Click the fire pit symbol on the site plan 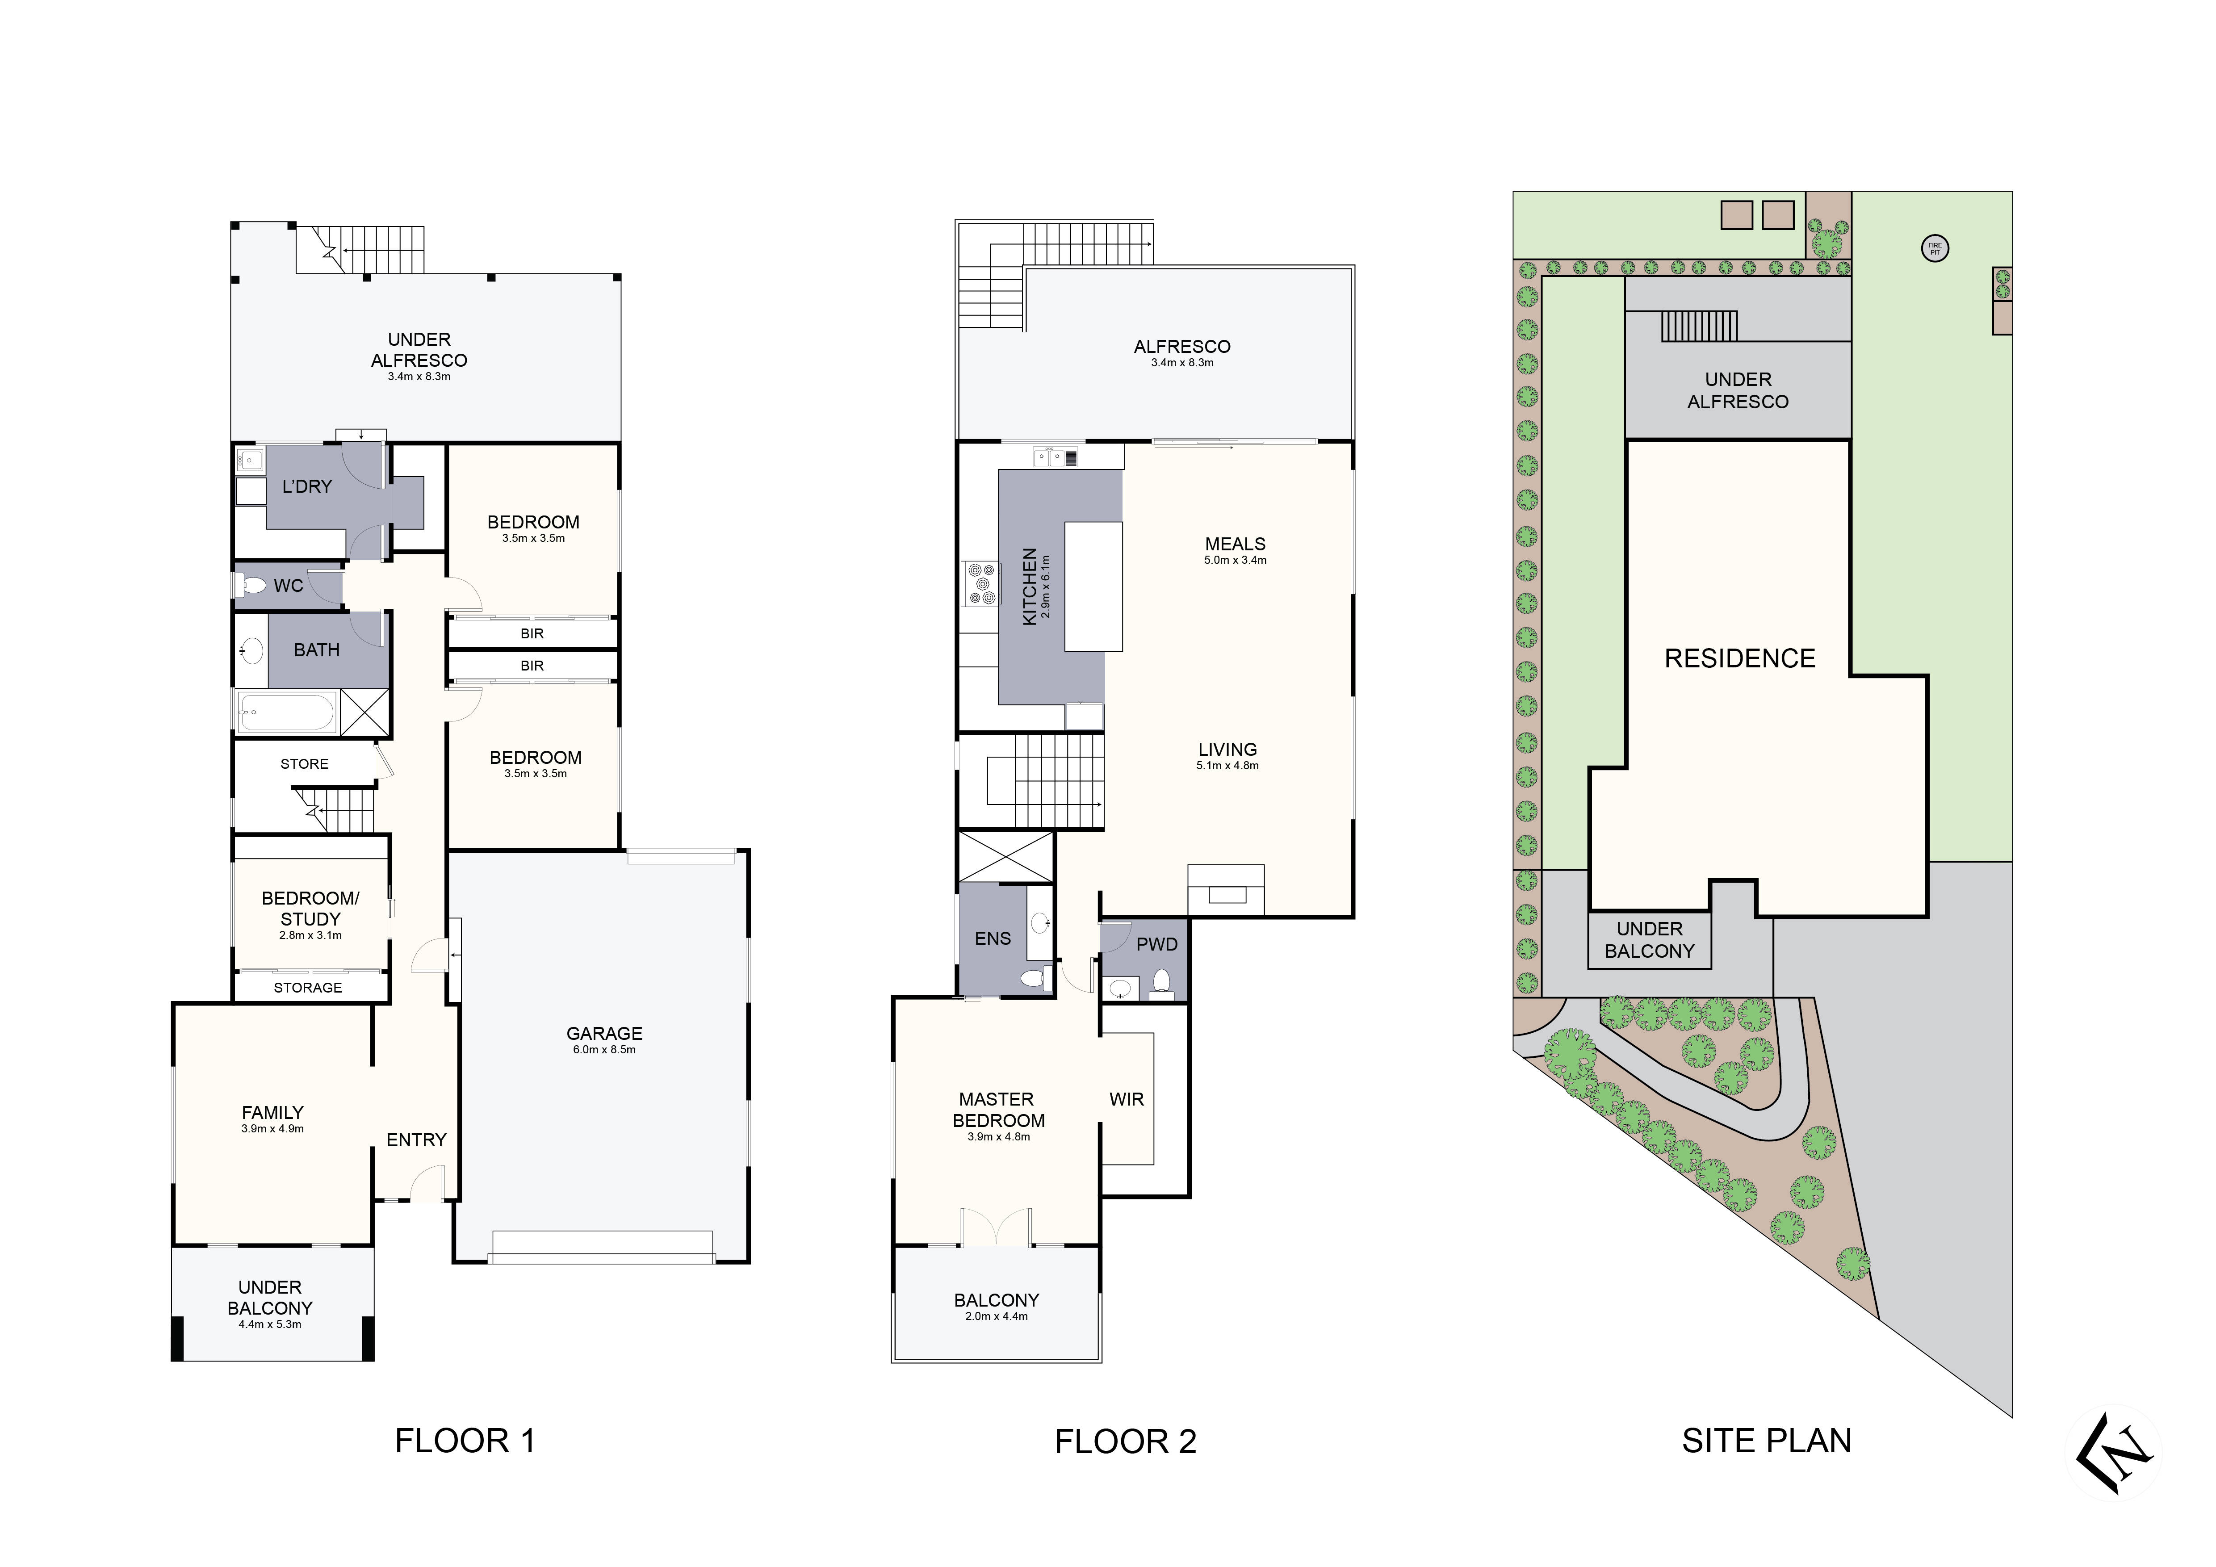point(1934,249)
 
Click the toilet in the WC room point(253,585)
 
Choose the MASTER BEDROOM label point(998,1110)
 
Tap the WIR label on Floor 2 point(1127,1099)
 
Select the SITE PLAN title point(1766,1441)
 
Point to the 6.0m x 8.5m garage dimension point(604,1050)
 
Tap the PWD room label point(1156,945)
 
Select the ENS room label point(992,938)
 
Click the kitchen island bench point(1093,587)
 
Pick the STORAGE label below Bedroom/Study point(308,987)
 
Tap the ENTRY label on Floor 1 point(416,1140)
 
